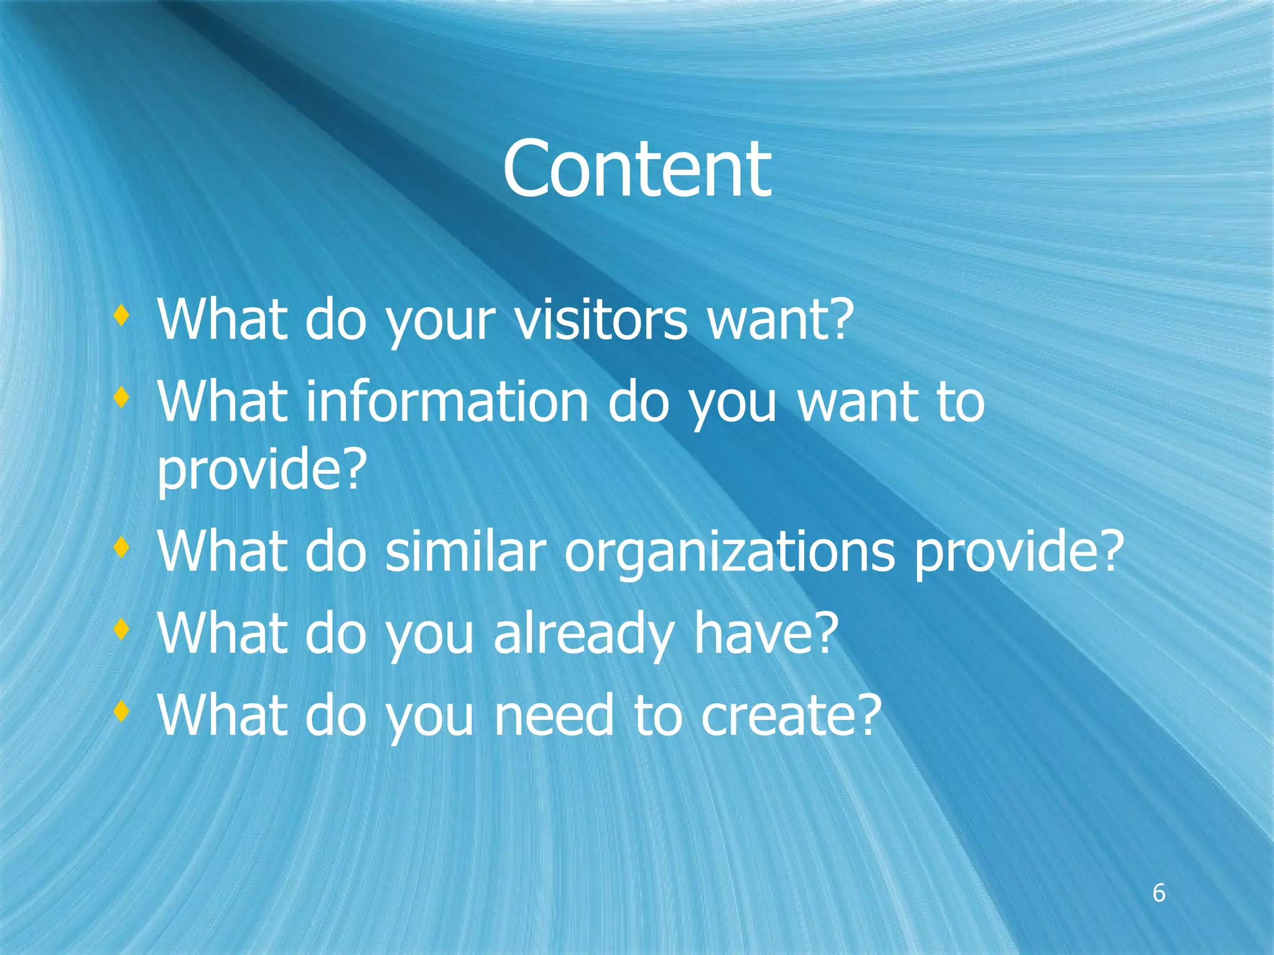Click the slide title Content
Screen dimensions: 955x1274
click(x=636, y=169)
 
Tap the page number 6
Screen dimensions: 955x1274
click(x=1159, y=893)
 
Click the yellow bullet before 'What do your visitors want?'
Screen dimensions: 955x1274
click(x=121, y=316)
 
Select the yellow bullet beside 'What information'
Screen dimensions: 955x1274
click(x=121, y=397)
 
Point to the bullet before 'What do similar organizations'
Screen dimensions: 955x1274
click(x=121, y=548)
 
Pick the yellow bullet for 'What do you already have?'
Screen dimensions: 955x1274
click(x=121, y=630)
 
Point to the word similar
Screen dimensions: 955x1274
click(x=465, y=551)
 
